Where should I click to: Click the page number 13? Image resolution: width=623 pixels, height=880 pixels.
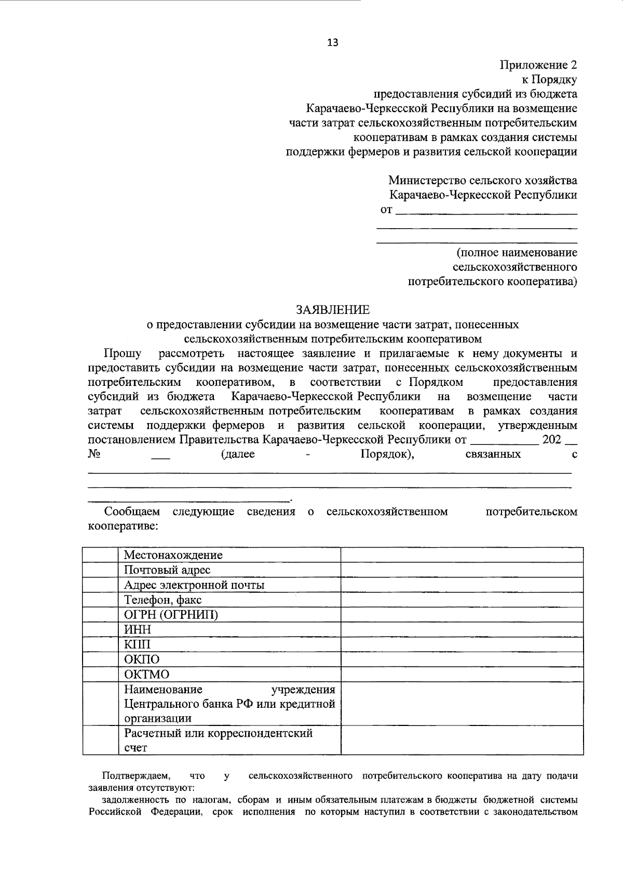coord(332,43)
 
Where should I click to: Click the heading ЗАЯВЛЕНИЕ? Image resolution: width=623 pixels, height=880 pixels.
coord(333,310)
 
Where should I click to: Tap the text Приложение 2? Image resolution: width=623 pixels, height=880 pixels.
coord(538,65)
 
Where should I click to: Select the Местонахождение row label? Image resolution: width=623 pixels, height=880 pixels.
coord(173,555)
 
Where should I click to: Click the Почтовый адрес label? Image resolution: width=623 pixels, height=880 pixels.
coord(167,570)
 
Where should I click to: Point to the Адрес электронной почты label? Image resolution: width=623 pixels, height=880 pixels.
coord(194,585)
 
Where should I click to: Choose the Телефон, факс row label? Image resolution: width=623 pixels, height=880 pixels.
coord(162,600)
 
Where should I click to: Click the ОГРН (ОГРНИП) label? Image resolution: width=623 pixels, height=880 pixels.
coord(171,614)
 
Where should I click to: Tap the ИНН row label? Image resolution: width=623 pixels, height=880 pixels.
coord(138,630)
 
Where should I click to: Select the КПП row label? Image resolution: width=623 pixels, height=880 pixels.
coord(138,645)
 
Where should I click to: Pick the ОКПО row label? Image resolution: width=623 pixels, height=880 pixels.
coord(142,660)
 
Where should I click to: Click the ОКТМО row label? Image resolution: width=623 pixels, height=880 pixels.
coord(146,675)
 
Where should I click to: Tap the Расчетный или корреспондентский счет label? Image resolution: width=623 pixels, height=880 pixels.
coord(218,741)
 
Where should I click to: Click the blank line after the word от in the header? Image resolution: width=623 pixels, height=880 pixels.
coord(486,212)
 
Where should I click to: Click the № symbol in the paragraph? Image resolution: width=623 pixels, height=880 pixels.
coord(94,454)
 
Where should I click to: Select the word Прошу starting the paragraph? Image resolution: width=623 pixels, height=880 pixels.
coord(123,354)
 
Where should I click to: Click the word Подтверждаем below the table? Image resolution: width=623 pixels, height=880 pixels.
coord(136,776)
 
